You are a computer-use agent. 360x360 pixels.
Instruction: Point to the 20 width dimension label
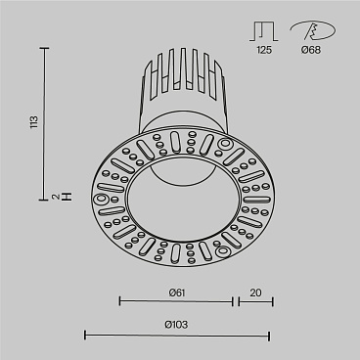pyautogui.click(x=254, y=292)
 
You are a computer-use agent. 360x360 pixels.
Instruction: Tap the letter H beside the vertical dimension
pyautogui.click(x=67, y=199)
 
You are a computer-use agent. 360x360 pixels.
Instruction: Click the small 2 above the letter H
pyautogui.click(x=56, y=199)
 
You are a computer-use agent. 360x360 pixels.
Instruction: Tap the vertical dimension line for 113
pyautogui.click(x=46, y=122)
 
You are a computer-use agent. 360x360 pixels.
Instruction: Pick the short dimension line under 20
pyautogui.click(x=254, y=302)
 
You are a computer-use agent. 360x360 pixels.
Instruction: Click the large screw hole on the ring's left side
pyautogui.click(x=103, y=197)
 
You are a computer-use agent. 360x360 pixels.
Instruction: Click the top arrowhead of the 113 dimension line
pyautogui.click(x=46, y=46)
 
